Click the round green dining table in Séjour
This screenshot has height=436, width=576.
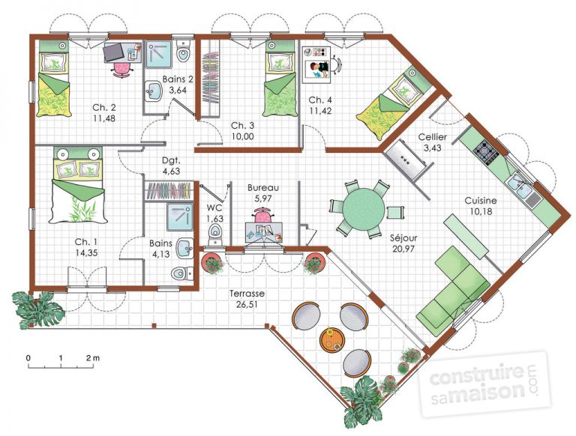pyautogui.click(x=358, y=207)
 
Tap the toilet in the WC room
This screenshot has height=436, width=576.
pyautogui.click(x=215, y=234)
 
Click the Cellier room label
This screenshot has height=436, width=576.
pyautogui.click(x=433, y=137)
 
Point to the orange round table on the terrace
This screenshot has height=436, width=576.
pyautogui.click(x=331, y=339)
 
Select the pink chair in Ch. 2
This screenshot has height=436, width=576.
pyautogui.click(x=120, y=68)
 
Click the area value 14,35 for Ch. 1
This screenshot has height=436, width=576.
pyautogui.click(x=86, y=254)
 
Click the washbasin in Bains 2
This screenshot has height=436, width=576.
pyautogui.click(x=152, y=91)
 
